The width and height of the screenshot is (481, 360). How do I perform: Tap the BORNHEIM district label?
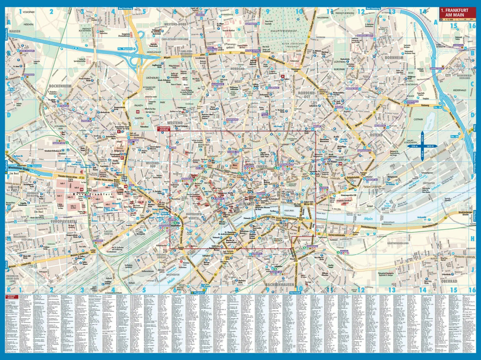(x=394, y=58)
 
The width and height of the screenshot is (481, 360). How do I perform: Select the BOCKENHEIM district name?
(x=60, y=86)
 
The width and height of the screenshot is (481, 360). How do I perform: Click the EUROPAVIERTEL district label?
(x=63, y=221)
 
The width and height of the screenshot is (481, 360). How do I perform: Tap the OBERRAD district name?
(x=449, y=281)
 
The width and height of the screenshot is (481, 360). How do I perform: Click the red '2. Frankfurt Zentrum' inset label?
(x=163, y=129)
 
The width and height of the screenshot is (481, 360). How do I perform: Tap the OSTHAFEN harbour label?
(x=429, y=183)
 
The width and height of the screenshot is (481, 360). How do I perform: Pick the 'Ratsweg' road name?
(x=425, y=105)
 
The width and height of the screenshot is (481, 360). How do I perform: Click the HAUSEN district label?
(x=15, y=31)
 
